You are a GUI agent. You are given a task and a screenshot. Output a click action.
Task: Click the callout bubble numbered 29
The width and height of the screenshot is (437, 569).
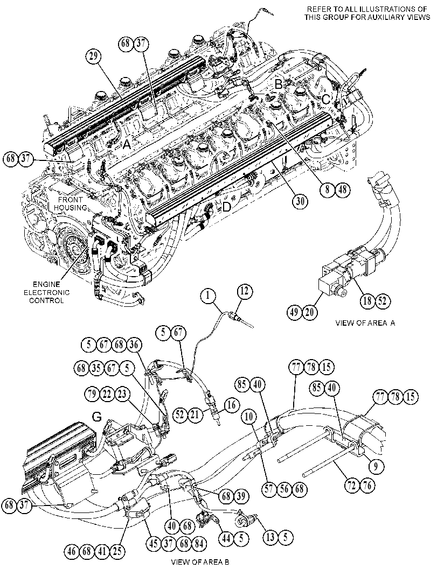93,57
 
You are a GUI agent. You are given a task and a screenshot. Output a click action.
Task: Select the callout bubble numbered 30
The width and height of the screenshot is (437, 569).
301,202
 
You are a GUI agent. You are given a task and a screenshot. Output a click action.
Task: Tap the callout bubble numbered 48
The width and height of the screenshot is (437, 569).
343,190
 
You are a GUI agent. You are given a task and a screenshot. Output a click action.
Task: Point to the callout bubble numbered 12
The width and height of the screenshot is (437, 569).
245,292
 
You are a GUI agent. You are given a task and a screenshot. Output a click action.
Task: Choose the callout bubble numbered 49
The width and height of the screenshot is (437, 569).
295,312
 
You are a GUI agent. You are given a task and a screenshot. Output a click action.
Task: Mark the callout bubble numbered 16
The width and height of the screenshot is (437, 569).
231,405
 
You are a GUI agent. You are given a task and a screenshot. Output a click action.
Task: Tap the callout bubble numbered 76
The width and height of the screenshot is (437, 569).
367,486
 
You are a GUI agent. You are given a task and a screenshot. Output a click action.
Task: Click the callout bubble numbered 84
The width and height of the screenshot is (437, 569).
199,544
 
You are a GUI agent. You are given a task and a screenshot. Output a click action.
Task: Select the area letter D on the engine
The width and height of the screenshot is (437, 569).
226,207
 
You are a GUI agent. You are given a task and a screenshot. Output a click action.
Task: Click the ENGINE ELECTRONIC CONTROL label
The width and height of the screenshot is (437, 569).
46,292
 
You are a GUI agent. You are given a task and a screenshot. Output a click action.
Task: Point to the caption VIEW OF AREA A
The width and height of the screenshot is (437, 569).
365,323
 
